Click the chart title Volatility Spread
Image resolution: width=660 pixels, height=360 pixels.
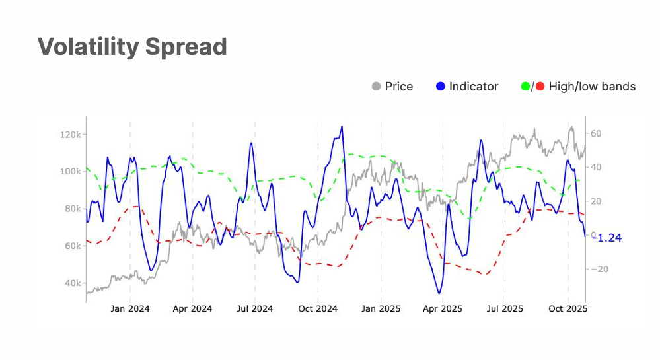point(132,47)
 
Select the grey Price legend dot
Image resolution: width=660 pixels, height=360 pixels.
point(377,87)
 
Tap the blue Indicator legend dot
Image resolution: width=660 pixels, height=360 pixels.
point(441,87)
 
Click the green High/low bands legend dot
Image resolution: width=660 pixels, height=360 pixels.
point(526,87)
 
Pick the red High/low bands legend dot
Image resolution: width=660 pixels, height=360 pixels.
point(540,87)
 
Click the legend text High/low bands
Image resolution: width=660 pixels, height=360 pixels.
point(592,87)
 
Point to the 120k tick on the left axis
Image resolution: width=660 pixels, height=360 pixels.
point(69,135)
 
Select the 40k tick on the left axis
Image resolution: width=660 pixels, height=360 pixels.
point(71,283)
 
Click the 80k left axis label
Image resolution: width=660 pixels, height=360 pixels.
point(71,209)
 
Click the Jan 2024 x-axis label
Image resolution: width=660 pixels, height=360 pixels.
point(129,309)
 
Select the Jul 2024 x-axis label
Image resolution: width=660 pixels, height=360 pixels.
point(254,309)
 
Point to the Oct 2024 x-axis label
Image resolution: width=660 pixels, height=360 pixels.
point(317,309)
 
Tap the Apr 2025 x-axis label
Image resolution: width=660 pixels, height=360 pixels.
point(442,309)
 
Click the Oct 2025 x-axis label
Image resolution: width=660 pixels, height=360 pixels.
point(568,309)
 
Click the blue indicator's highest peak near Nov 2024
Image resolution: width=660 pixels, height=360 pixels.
point(342,126)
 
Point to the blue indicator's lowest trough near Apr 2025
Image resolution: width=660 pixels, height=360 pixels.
point(438,293)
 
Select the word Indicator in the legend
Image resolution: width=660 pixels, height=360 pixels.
point(474,87)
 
